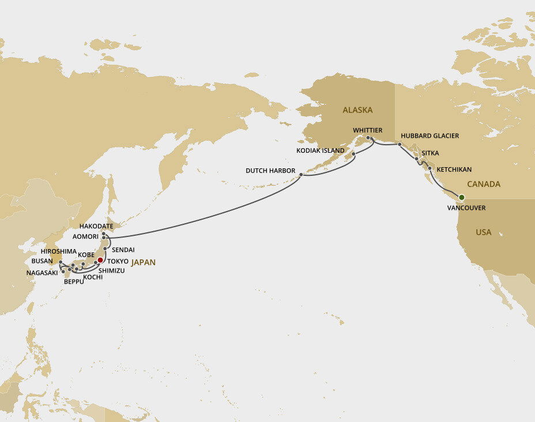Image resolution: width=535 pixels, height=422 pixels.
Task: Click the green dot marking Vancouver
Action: tap(461, 198)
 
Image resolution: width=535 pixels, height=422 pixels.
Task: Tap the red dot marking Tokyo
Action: tap(100, 259)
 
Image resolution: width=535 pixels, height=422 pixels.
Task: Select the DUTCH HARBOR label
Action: tap(270, 171)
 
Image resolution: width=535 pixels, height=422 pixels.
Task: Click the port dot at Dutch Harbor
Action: tap(301, 174)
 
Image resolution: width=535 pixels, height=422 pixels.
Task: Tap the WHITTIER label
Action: tap(368, 130)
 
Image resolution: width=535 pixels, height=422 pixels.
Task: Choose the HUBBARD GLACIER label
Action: tap(430, 136)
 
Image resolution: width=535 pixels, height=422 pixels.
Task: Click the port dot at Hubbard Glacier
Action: tap(400, 144)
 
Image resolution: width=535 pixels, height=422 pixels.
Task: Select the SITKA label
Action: tap(431, 153)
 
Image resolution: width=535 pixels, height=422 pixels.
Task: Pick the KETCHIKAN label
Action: tap(454, 169)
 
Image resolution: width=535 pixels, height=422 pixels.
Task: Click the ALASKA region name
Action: tap(357, 110)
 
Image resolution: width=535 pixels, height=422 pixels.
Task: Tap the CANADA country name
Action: tap(484, 184)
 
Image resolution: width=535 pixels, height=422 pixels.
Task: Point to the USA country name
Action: tap(484, 232)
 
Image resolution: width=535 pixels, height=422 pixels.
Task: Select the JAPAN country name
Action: tap(143, 262)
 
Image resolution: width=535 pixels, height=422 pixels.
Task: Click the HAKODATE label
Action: tap(96, 227)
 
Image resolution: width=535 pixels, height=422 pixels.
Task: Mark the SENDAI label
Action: tap(123, 250)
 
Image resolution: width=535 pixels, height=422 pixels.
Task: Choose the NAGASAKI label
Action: tap(42, 273)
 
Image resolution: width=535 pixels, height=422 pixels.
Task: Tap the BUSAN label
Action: tap(42, 261)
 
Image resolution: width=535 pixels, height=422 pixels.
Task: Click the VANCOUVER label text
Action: tap(466, 208)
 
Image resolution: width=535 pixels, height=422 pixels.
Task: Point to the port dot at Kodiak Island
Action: tap(353, 155)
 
